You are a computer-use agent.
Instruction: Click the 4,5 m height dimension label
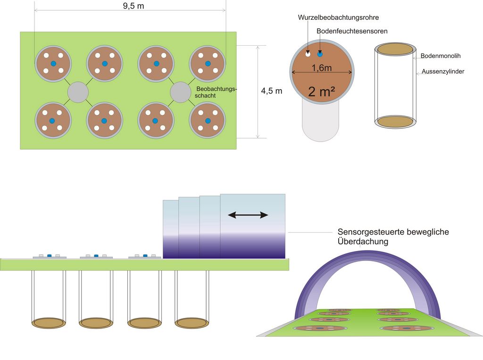(272, 91)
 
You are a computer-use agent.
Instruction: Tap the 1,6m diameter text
(322, 68)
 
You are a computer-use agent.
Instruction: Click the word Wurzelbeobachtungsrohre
(338, 17)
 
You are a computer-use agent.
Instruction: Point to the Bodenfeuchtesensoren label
(352, 31)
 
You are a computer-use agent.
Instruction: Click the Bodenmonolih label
(441, 56)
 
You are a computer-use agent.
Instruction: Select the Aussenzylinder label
(443, 72)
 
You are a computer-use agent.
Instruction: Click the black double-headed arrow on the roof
(248, 215)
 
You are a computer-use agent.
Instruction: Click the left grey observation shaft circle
(78, 92)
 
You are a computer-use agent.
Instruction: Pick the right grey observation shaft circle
(180, 92)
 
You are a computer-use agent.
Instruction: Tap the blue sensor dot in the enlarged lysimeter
(320, 53)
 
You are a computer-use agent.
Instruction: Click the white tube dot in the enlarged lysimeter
(308, 53)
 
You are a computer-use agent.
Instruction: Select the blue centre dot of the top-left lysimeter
(53, 64)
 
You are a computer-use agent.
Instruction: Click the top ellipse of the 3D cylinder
(395, 49)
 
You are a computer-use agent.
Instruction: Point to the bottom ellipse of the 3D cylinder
(395, 122)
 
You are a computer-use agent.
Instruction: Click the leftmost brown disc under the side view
(48, 323)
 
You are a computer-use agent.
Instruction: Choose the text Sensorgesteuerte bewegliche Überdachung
(393, 236)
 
